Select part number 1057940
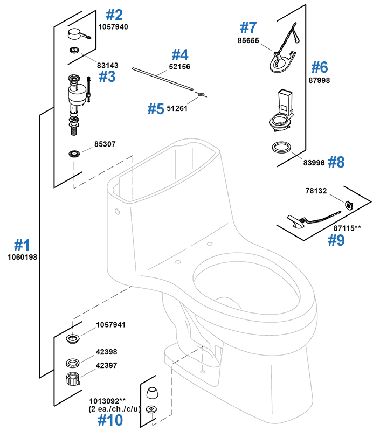click(113, 26)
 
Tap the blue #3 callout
click(107, 77)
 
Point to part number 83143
click(108, 65)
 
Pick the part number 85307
click(105, 144)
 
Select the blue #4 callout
click(180, 55)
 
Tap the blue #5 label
click(155, 108)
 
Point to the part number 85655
click(249, 40)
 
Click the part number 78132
click(316, 191)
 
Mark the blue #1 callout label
click(22, 245)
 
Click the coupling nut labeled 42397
click(73, 378)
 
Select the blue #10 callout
click(110, 419)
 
